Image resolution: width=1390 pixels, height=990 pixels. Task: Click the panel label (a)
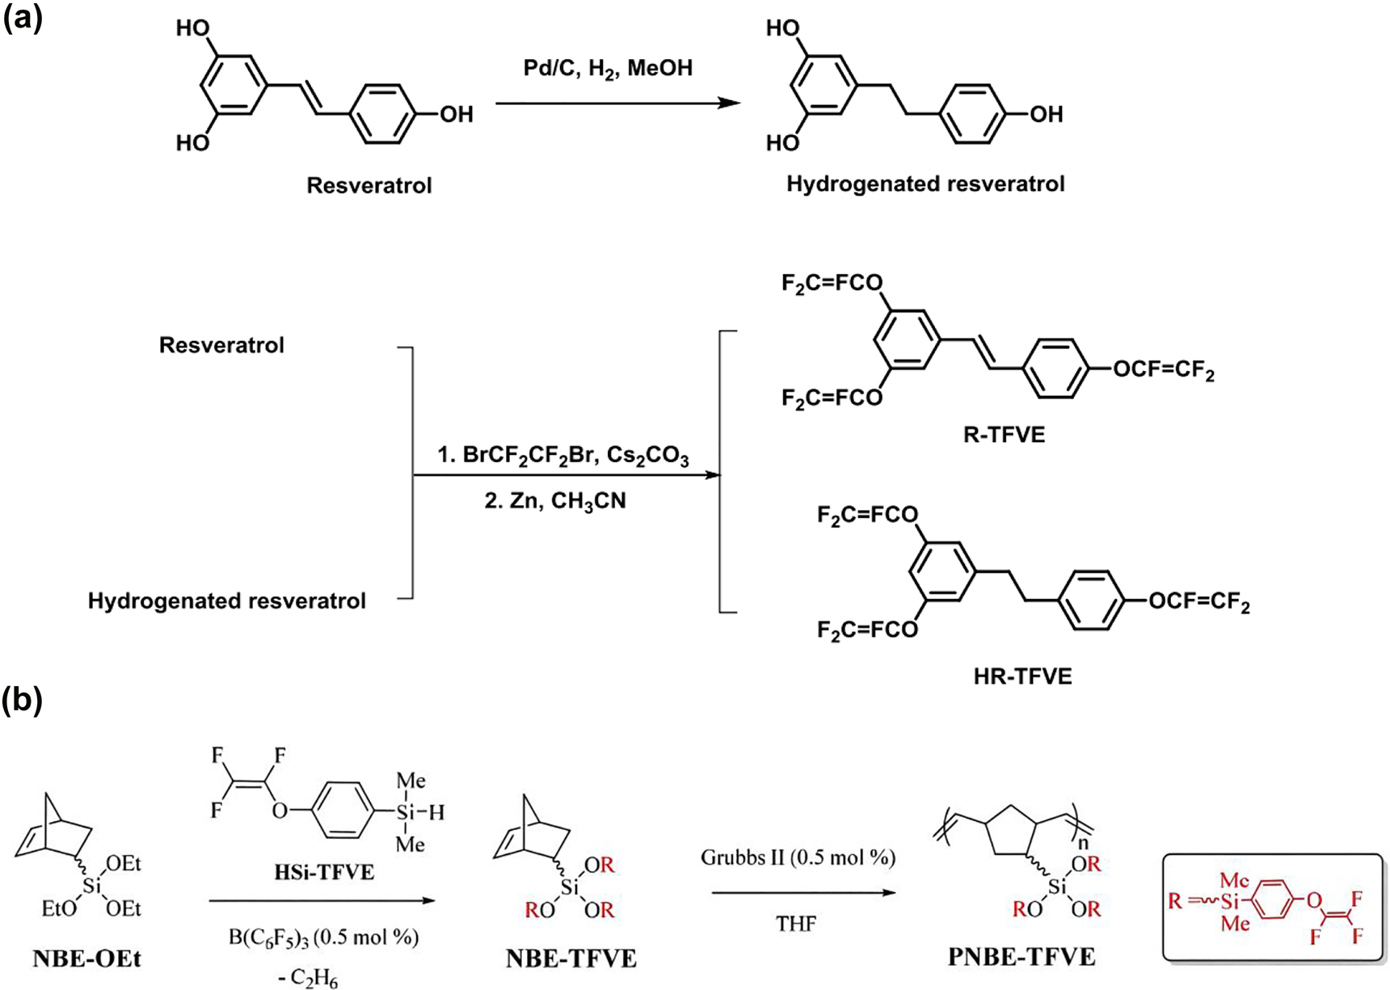pos(22,17)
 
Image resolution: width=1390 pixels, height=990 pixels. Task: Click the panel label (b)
pos(22,700)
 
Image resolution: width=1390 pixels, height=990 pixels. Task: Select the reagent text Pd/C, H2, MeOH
pos(608,69)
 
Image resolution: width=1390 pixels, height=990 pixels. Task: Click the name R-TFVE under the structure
pos(1005,436)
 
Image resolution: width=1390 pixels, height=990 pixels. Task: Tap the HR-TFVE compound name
pos(1023,676)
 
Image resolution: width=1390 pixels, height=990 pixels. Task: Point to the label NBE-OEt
pos(86,959)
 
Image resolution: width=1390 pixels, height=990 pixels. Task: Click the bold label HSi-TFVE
pos(324,872)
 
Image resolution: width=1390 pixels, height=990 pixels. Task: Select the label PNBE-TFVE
pos(1021,958)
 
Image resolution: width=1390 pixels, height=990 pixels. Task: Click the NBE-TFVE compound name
pos(571,959)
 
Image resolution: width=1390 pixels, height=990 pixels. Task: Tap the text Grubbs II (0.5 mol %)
pos(798,857)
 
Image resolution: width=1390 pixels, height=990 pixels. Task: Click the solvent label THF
pos(796,923)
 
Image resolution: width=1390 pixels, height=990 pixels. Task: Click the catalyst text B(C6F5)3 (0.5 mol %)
pos(323,937)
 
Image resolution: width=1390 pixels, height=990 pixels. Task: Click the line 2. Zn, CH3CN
pos(555,502)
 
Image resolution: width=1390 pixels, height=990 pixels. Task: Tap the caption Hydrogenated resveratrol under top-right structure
pos(925,184)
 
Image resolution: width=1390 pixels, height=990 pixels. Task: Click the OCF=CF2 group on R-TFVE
pos(1163,371)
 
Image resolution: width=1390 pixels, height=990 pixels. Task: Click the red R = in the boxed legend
pos(1184,899)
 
